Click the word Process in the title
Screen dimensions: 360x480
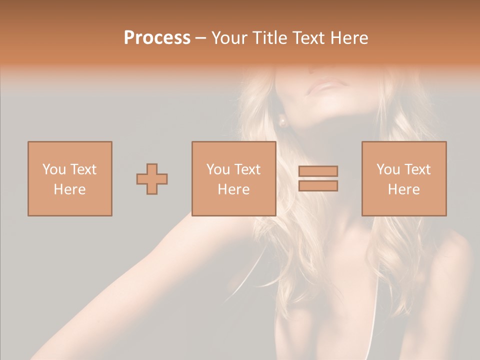coord(157,38)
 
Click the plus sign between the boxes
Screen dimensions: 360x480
coord(152,179)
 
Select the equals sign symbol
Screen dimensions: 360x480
coord(318,178)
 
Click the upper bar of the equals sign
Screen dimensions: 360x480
coord(318,171)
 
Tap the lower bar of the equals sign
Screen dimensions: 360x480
coord(318,186)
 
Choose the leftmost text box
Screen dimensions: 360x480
coord(70,179)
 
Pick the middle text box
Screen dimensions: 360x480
coord(233,179)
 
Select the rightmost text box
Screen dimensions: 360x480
coord(404,179)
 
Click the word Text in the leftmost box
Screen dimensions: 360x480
coord(83,169)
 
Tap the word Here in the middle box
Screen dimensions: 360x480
coord(233,189)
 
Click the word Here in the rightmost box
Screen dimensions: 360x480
coord(404,189)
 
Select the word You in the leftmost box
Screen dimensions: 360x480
coord(54,169)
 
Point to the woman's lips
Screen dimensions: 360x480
coord(323,87)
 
